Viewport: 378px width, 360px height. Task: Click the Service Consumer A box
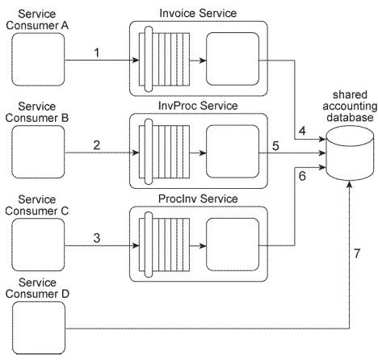pos(37,59)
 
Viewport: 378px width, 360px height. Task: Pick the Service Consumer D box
pos(37,329)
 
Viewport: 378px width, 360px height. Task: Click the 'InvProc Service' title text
pos(199,107)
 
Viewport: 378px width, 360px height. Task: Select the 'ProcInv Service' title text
pos(199,199)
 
